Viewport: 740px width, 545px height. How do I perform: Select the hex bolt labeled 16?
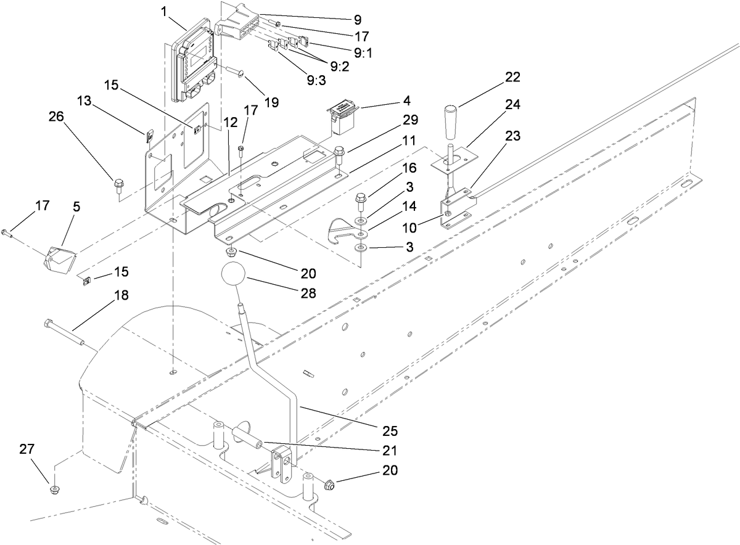(361, 200)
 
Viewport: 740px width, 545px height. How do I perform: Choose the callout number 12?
(231, 123)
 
